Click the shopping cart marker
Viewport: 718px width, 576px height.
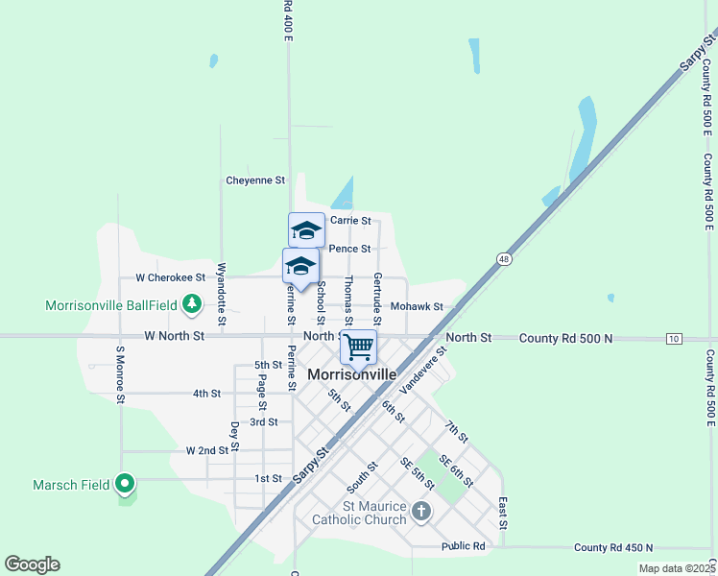358,348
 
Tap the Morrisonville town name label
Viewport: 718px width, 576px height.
346,374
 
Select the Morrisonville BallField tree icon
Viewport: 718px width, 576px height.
193,304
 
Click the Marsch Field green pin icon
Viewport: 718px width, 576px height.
124,484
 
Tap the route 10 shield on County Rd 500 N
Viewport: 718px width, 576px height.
675,338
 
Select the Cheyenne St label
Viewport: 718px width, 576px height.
255,180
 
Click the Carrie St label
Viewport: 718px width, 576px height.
350,220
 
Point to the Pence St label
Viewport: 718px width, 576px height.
349,249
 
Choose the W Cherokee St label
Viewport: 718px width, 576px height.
170,277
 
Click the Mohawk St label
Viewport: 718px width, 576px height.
417,307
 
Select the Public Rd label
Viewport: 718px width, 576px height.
464,547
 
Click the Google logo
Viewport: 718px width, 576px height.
32,564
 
